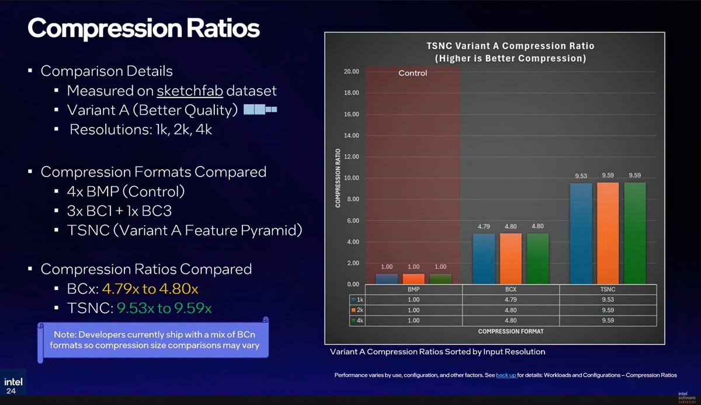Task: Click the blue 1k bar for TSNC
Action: [581, 234]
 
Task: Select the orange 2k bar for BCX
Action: [511, 258]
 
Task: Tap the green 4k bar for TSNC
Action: [634, 233]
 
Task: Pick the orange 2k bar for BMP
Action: [414, 279]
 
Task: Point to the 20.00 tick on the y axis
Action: [351, 71]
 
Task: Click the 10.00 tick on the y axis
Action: [351, 178]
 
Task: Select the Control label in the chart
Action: [412, 73]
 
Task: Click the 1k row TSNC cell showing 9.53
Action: [608, 300]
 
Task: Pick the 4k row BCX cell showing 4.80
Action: [511, 320]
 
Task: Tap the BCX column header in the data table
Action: [511, 289]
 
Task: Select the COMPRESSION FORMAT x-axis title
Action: [511, 331]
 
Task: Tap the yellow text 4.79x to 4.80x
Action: [150, 289]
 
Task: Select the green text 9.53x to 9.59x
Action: [164, 308]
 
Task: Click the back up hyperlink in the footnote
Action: [506, 375]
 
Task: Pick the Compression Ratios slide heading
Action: [143, 27]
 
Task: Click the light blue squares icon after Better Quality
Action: [260, 109]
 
